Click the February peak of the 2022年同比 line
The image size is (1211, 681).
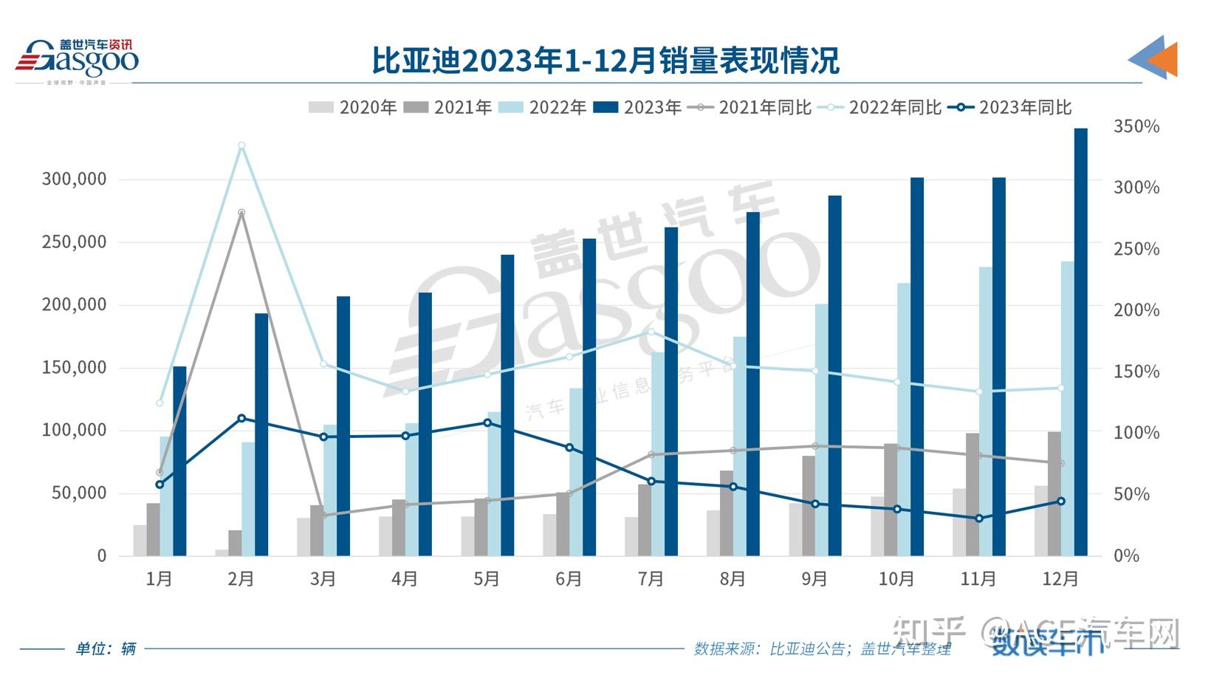pyautogui.click(x=241, y=146)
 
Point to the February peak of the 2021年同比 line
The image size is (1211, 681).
pyautogui.click(x=241, y=213)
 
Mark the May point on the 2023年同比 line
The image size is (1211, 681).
pyautogui.click(x=487, y=422)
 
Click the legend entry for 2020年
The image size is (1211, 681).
pyautogui.click(x=352, y=108)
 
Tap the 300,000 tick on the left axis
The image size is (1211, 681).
pyautogui.click(x=74, y=179)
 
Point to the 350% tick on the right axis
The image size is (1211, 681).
pyautogui.click(x=1136, y=127)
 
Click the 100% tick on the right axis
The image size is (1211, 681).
pyautogui.click(x=1136, y=433)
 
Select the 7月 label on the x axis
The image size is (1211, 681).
pyautogui.click(x=651, y=579)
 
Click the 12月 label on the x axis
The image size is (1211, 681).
pyautogui.click(x=1060, y=579)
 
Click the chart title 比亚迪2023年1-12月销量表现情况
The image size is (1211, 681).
pyautogui.click(x=605, y=61)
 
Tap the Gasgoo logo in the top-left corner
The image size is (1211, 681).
pyautogui.click(x=77, y=59)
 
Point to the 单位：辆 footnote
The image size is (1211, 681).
pyautogui.click(x=106, y=649)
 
